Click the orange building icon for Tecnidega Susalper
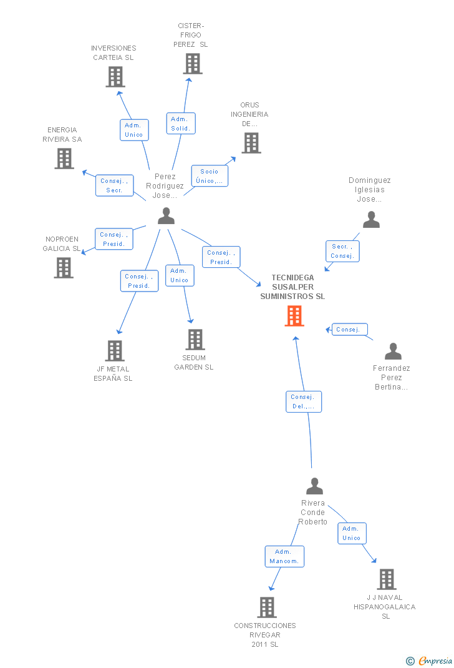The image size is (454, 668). (294, 316)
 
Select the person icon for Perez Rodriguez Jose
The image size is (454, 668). (166, 215)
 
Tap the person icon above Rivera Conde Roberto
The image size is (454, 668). (314, 486)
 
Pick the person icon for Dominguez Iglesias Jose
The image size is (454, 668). (371, 219)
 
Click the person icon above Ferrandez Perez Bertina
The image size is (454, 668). (393, 351)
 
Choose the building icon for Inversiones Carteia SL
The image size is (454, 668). (115, 76)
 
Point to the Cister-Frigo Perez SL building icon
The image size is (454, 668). (193, 63)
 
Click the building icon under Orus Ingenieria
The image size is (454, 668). (251, 143)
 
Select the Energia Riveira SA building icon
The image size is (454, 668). (64, 158)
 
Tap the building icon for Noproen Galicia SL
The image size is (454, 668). (64, 267)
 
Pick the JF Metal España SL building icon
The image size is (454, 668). (115, 351)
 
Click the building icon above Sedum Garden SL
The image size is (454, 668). (195, 340)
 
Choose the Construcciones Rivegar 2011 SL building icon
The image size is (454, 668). (267, 607)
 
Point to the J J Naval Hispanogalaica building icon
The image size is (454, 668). (387, 579)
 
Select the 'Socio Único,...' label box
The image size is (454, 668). (210, 175)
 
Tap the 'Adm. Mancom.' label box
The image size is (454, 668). (284, 556)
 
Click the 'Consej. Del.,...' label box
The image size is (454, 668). (304, 401)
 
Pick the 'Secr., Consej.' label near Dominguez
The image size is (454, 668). (342, 251)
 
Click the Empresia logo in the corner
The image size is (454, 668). (430, 661)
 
